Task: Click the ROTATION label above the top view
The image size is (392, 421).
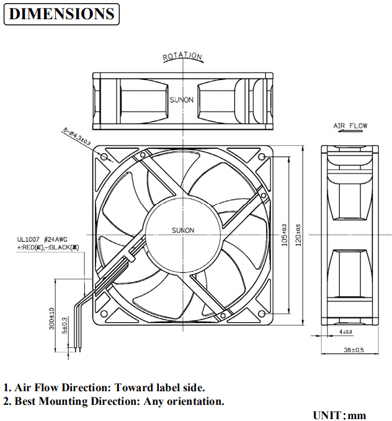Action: [182, 56]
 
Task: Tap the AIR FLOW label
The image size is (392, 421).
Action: [350, 126]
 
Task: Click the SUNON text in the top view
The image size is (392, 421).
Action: [182, 99]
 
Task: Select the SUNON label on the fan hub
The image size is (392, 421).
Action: [183, 231]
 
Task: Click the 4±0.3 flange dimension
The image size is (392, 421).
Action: [346, 332]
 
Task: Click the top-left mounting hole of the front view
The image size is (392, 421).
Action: [104, 158]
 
